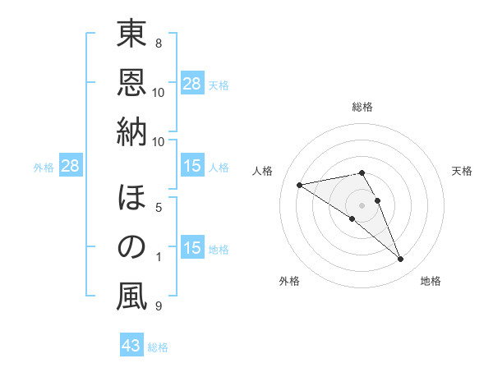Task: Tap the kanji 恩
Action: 131,82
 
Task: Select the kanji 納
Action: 131,131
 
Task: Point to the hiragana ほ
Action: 131,199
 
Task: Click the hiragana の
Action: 131,248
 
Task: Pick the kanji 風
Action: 131,297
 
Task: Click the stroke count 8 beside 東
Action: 159,43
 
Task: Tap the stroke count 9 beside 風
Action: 159,306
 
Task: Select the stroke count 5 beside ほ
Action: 159,207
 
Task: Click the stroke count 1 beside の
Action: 159,257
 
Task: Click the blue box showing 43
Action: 131,346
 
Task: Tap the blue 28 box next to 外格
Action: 71,167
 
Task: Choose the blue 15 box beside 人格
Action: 192,167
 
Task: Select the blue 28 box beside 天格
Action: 192,84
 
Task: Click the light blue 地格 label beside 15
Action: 219,250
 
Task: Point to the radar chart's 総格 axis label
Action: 362,108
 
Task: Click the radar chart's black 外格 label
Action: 289,281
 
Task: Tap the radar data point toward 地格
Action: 401,260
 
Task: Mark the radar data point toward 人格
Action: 300,185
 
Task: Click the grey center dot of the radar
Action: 362,204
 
